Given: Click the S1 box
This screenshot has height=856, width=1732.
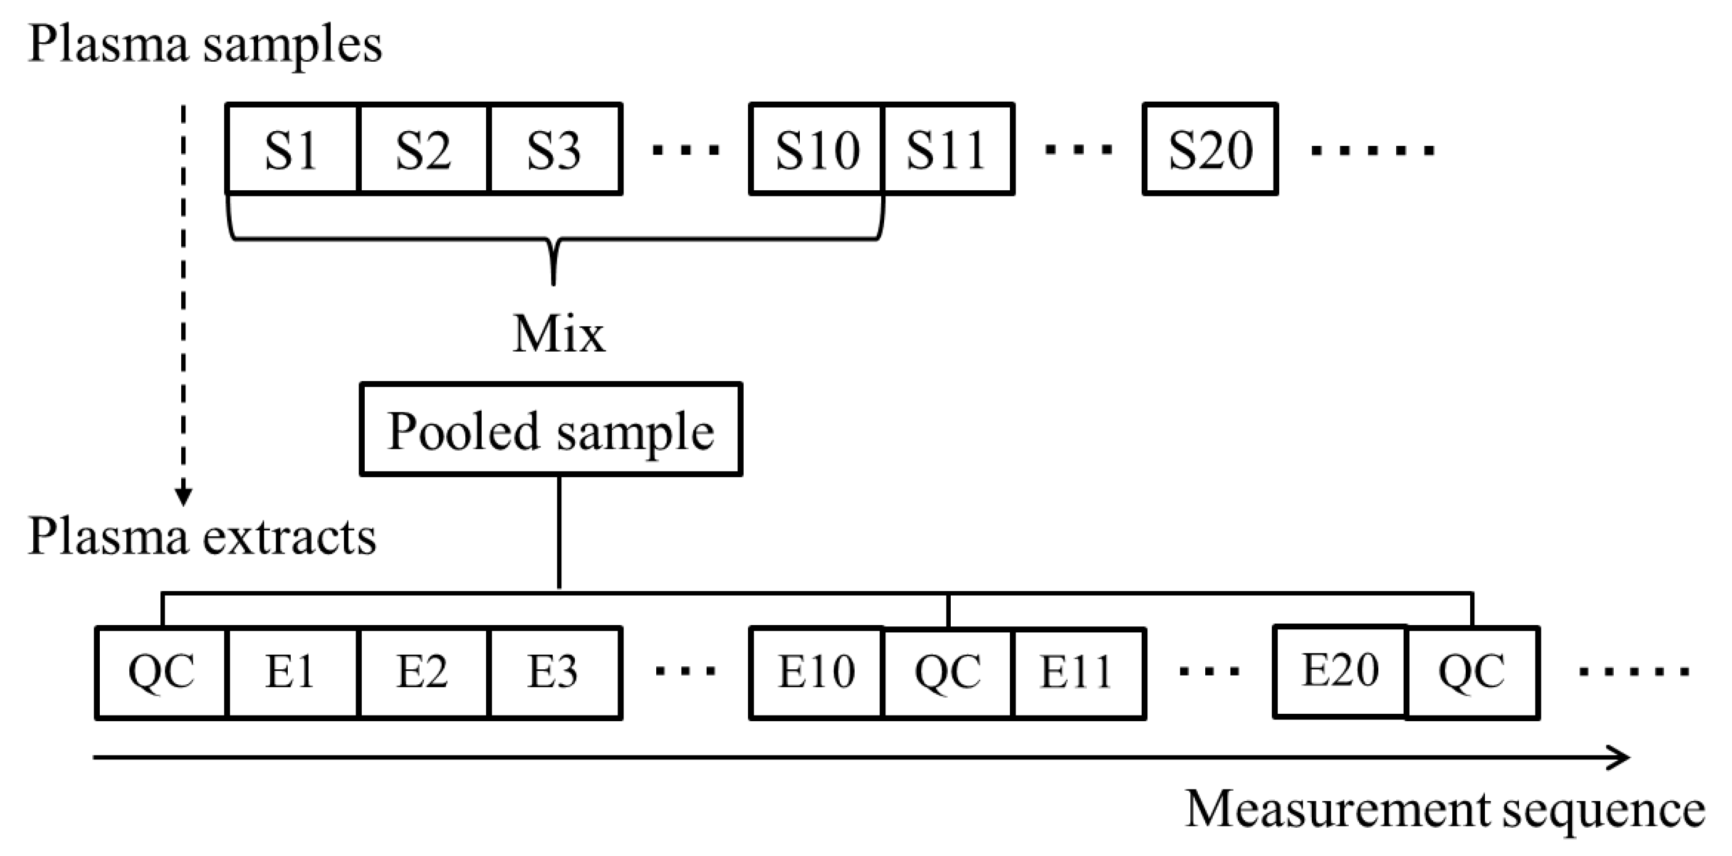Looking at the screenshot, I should point(292,149).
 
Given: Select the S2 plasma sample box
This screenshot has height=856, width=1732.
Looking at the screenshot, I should point(423,149).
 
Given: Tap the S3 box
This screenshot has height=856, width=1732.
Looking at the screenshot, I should point(555,149).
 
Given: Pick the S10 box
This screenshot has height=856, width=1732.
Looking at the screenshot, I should point(816,149).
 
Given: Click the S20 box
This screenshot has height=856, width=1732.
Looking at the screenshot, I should point(1210,149).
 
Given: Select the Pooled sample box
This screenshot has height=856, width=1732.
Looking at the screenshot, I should point(551,430).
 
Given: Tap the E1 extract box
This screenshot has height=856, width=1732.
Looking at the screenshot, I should point(292,672).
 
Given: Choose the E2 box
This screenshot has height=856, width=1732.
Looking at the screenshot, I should point(423,672).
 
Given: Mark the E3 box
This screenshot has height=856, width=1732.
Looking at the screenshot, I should point(555,672).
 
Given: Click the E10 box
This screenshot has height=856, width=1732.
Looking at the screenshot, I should point(816,672).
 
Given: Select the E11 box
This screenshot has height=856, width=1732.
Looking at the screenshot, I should point(1078,672).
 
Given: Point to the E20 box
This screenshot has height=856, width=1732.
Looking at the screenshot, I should point(1340,671).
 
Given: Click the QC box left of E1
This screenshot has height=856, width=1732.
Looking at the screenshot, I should point(161,672).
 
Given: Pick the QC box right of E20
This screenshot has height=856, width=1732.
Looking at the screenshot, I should point(1472,672).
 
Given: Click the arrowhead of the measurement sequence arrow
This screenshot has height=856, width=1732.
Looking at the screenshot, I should point(1620,758).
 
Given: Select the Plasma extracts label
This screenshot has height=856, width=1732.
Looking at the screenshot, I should point(201,538).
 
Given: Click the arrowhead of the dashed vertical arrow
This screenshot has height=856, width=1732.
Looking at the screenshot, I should point(183,497).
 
